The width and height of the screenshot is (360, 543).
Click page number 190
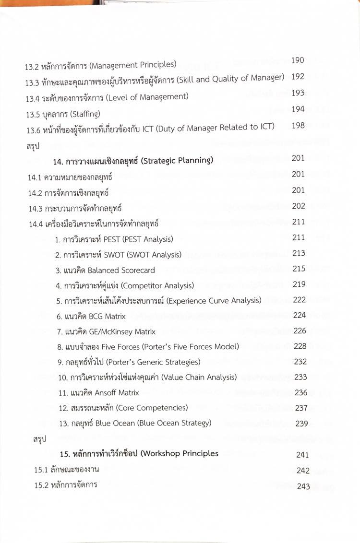pyautogui.click(x=298, y=60)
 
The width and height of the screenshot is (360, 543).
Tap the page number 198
pyautogui.click(x=298, y=126)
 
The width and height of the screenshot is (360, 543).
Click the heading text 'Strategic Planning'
pyautogui.click(x=178, y=160)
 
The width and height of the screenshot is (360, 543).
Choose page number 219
pyautogui.click(x=299, y=284)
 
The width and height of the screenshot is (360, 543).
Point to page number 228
pyautogui.click(x=300, y=346)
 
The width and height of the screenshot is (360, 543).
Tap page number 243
pyautogui.click(x=303, y=486)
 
